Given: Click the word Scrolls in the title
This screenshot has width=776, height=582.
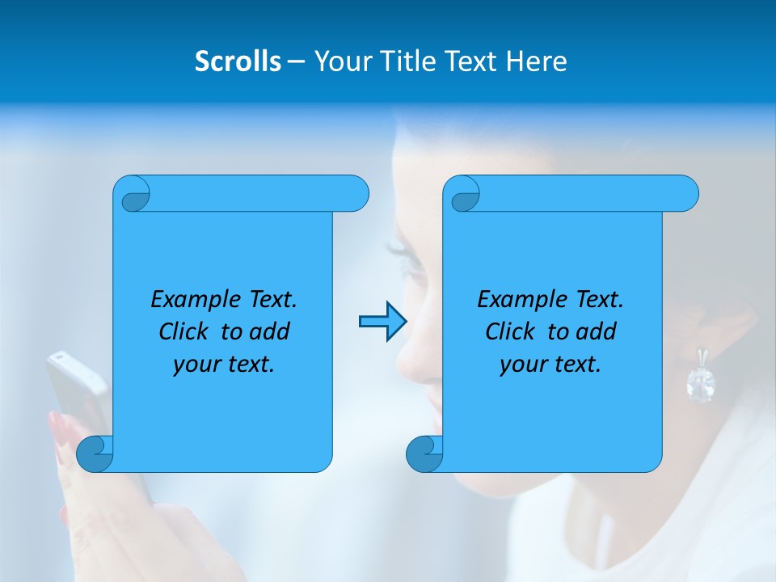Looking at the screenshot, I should (238, 61).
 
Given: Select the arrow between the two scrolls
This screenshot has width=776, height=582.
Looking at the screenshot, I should (382, 322).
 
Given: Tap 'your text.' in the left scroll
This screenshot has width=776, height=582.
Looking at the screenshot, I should (224, 365).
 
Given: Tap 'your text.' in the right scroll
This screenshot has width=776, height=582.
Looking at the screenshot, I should (550, 365).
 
